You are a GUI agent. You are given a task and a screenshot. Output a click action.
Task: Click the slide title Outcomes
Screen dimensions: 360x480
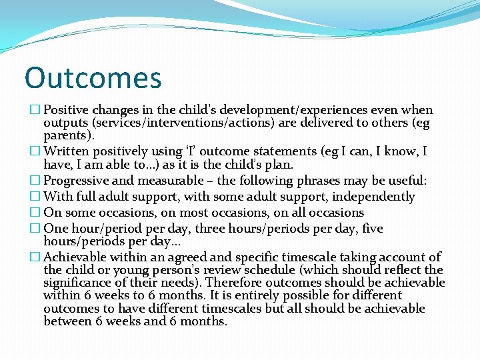(93, 77)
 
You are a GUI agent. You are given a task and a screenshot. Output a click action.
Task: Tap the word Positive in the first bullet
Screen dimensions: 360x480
(67, 110)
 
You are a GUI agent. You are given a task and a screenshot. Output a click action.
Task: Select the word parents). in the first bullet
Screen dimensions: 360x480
(69, 136)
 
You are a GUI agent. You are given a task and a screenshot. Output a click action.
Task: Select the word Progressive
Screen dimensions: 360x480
(77, 181)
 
